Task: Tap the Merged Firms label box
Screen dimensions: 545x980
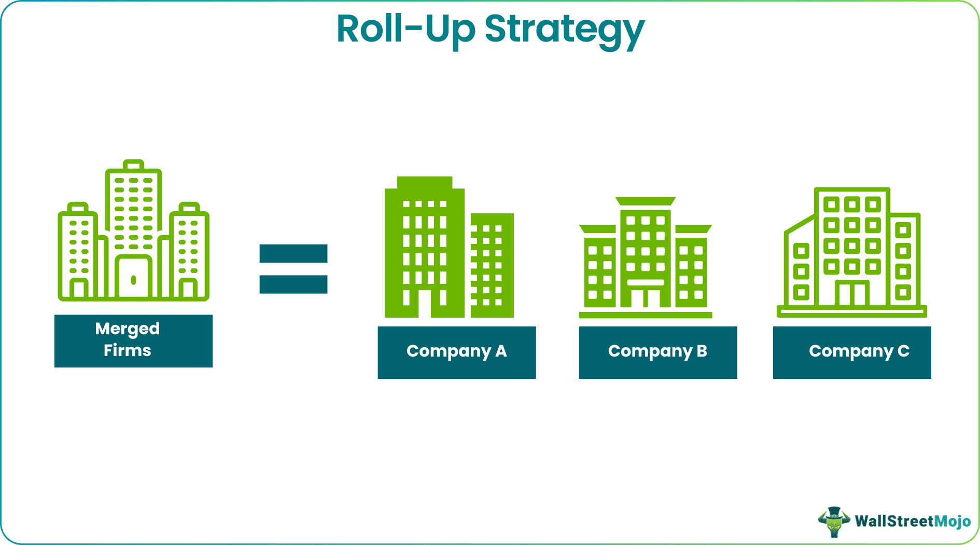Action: pyautogui.click(x=133, y=340)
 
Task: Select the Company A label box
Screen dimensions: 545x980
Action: pyautogui.click(x=456, y=352)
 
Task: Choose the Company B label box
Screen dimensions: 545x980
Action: pyautogui.click(x=657, y=352)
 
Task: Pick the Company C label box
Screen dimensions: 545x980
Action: pyautogui.click(x=851, y=352)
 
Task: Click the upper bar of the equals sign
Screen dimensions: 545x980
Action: pyautogui.click(x=293, y=253)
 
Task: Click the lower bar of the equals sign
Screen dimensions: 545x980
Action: pyautogui.click(x=293, y=284)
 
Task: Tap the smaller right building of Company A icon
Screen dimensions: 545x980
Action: pyautogui.click(x=492, y=265)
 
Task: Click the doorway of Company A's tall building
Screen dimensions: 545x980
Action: pyautogui.click(x=425, y=304)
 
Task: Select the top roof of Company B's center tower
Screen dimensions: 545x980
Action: pyautogui.click(x=646, y=201)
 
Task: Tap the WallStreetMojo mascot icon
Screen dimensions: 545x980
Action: pyautogui.click(x=834, y=521)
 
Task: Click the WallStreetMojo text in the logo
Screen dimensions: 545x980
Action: pyautogui.click(x=913, y=521)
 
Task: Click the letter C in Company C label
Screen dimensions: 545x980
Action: pyautogui.click(x=903, y=351)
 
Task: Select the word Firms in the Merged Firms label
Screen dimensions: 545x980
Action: pyautogui.click(x=127, y=350)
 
